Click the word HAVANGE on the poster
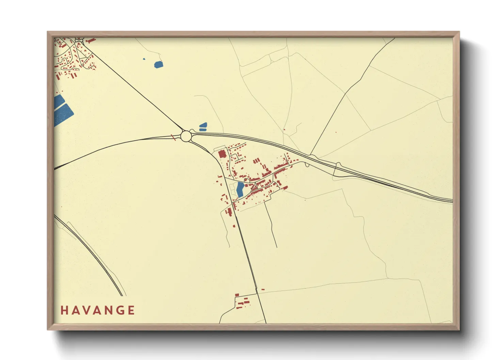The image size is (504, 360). tap(98, 310)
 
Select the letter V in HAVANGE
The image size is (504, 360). tap(86, 310)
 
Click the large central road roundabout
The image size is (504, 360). tap(186, 136)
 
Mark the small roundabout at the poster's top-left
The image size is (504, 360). tap(79, 39)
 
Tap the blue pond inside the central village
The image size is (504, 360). tap(240, 189)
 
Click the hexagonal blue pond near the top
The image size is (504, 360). tap(158, 64)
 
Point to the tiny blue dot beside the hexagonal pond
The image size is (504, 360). tap(144, 59)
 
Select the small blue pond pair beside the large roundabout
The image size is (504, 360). tap(203, 127)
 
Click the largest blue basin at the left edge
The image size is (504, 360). tap(64, 114)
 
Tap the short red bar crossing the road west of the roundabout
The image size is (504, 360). tap(173, 137)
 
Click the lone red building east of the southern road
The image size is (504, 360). tap(263, 290)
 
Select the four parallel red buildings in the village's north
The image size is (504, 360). tap(256, 161)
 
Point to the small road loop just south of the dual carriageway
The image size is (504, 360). tap(307, 165)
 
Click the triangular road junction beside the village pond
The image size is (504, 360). tap(253, 186)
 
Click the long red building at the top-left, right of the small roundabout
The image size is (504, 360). tap(91, 41)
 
